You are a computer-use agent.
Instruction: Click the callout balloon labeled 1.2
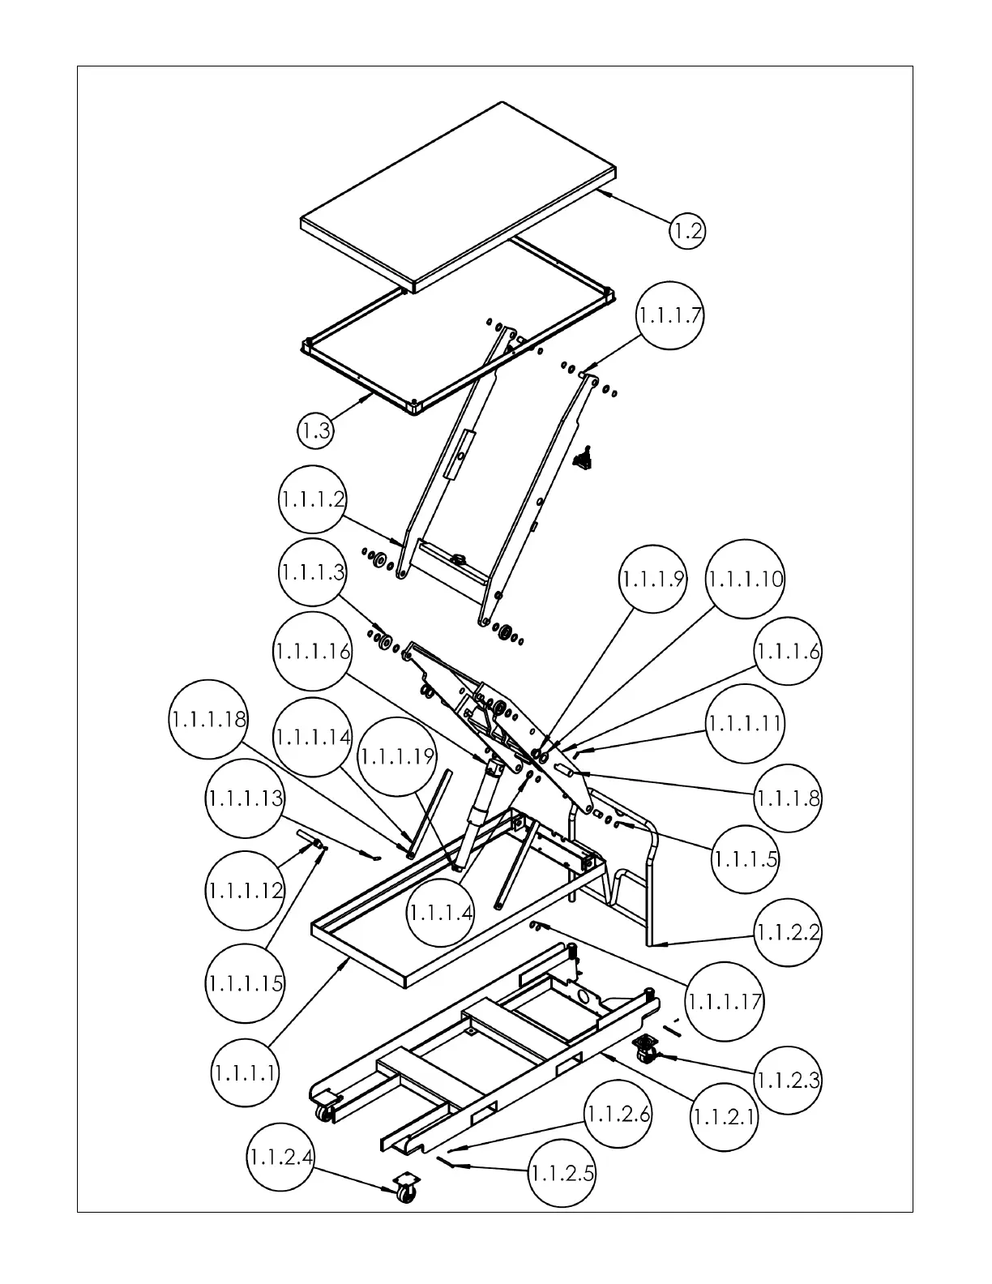coord(687,232)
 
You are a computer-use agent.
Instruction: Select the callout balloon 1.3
coord(315,430)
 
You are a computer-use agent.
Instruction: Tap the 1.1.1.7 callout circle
coord(669,315)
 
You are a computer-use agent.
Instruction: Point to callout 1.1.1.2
coord(313,499)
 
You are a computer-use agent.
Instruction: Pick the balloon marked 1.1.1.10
coord(746,580)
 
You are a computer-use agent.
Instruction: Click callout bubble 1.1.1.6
coord(788,651)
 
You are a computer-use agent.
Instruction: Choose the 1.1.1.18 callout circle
coord(209,719)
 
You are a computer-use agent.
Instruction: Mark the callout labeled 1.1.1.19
coord(397,757)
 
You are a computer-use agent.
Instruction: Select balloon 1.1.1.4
coord(440,912)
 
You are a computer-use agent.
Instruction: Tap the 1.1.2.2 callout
coord(788,932)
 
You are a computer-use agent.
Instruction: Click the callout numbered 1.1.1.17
coord(725,1001)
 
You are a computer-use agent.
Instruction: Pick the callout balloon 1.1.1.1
coord(246,1073)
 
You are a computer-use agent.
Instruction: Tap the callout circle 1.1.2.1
coord(725,1117)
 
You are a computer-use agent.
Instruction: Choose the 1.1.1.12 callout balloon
coord(246,890)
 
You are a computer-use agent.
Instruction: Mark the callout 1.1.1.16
coord(313,651)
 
